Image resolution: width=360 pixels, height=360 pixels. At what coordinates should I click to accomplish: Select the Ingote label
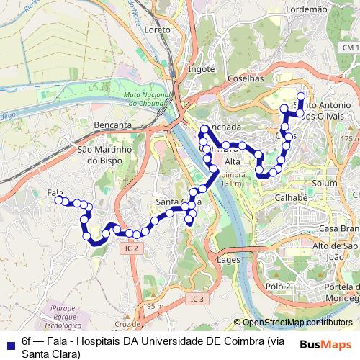click(x=202, y=69)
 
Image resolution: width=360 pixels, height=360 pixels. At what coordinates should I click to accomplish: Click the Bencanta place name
click(x=113, y=125)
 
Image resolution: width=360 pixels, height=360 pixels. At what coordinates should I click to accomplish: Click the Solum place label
click(x=325, y=184)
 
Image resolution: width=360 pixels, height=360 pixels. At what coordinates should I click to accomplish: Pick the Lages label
click(x=228, y=259)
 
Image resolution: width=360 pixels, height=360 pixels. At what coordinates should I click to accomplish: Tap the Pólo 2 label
click(x=277, y=286)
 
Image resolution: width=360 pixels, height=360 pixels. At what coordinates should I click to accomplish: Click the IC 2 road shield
click(x=130, y=248)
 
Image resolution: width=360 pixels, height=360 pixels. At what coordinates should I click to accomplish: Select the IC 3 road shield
click(x=198, y=298)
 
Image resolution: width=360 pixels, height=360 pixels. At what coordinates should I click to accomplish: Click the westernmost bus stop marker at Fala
click(x=59, y=200)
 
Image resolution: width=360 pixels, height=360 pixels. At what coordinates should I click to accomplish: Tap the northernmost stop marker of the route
click(x=300, y=96)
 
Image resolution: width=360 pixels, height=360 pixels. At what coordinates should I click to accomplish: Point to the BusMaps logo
click(x=326, y=344)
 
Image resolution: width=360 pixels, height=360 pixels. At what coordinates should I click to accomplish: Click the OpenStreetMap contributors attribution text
click(x=297, y=323)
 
